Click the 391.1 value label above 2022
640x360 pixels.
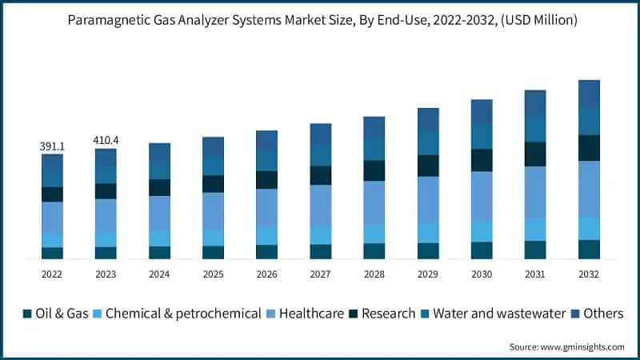tap(52, 147)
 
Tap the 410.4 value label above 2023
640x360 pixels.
tap(106, 141)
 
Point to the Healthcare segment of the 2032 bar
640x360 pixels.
tap(589, 189)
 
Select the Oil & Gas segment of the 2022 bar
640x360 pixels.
tap(52, 253)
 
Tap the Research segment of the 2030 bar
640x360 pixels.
tap(482, 160)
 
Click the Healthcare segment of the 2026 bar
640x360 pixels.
tap(266, 208)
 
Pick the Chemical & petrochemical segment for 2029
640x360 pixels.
tap(428, 233)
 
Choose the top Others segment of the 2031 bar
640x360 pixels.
tap(535, 102)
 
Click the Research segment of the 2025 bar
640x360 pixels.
tap(213, 184)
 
